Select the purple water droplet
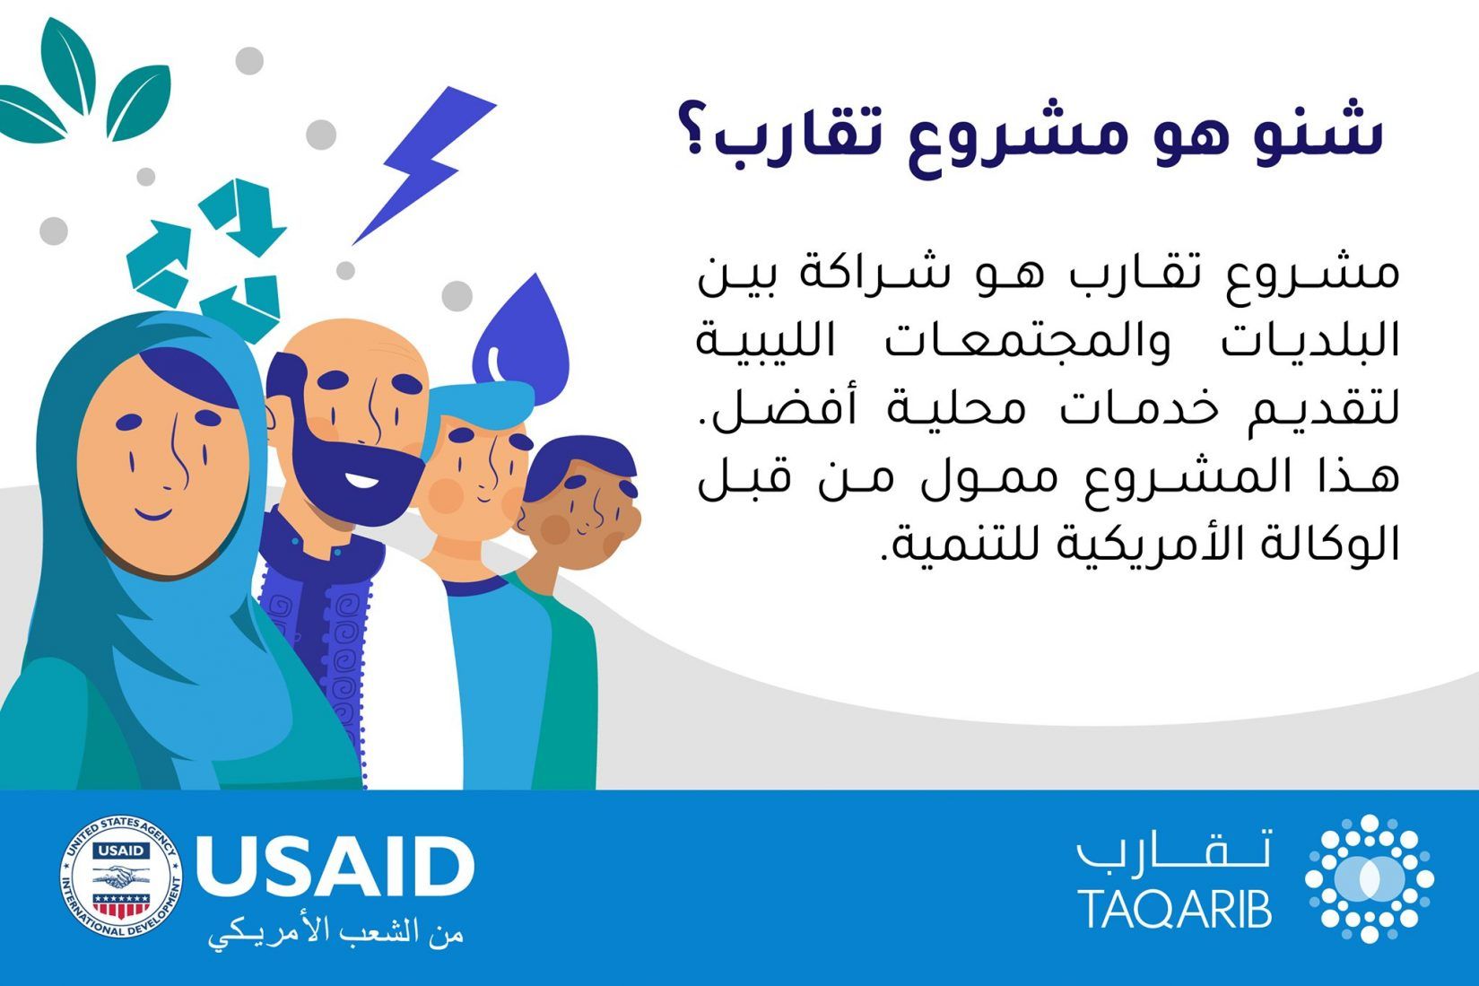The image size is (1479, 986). coord(522,344)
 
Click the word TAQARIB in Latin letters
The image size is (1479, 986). coord(1175,909)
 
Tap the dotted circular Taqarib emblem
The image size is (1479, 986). coord(1370,878)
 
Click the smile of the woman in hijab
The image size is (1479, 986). coord(155,513)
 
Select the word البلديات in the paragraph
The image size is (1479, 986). coord(1310,341)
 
